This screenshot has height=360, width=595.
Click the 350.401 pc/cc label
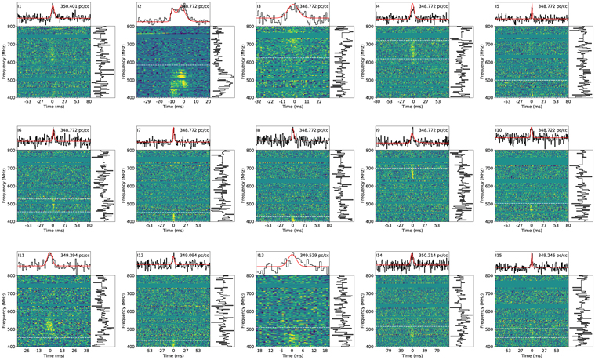point(74,7)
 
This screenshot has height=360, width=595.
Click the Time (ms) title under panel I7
point(172,234)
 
